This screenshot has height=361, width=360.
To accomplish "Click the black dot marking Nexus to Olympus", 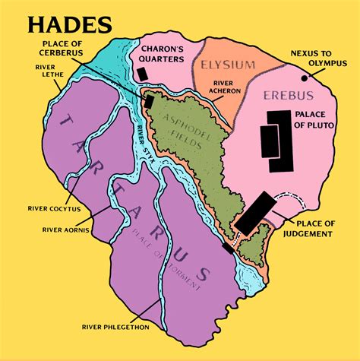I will (305, 78).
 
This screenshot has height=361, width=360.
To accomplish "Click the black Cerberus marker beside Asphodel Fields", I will (150, 101).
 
